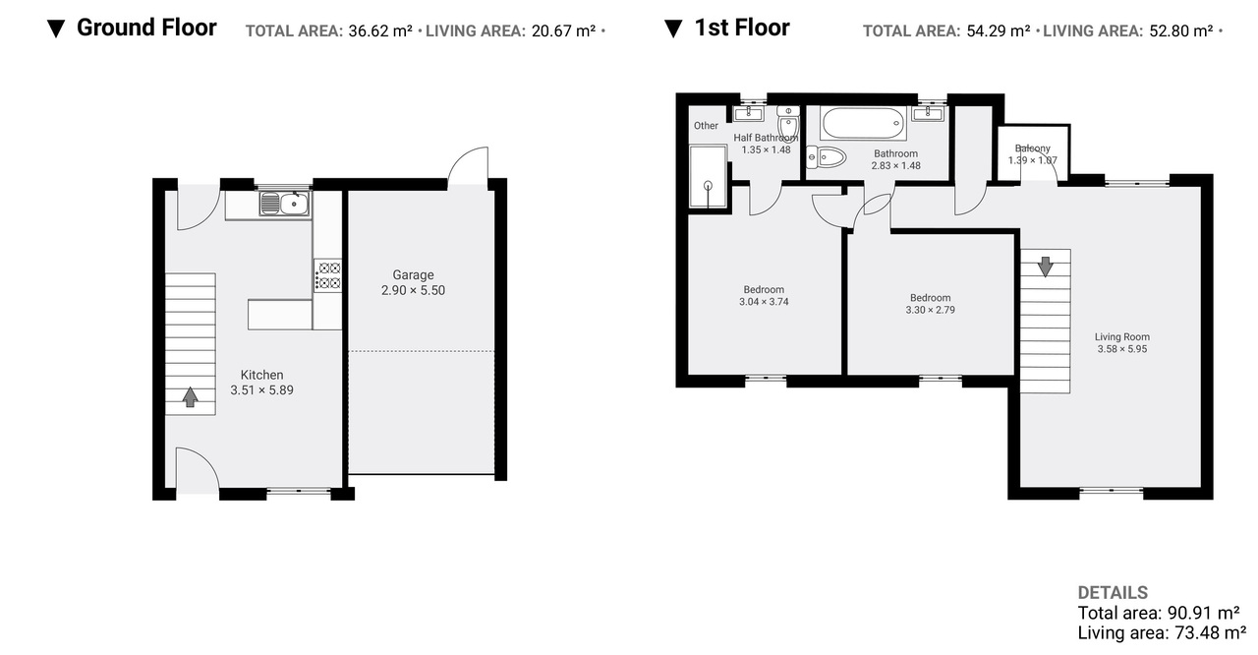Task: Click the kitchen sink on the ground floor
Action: point(284,203)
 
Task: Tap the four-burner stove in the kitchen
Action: point(327,275)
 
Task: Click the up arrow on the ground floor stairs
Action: point(191,396)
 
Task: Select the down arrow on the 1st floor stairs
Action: point(1045,267)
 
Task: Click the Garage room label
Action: point(413,274)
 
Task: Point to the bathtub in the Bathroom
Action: point(863,123)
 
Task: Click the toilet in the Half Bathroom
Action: point(788,123)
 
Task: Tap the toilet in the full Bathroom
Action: point(826,157)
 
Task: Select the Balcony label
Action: point(1032,149)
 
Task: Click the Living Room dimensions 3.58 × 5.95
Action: point(1122,349)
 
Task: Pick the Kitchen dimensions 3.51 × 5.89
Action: point(261,389)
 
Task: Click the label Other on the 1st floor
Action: point(706,125)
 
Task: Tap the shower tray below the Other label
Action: point(708,176)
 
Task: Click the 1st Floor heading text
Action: point(742,28)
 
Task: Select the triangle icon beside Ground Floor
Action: point(56,29)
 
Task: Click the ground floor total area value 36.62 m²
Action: point(380,30)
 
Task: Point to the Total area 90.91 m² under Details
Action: point(1159,613)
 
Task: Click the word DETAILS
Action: point(1113,593)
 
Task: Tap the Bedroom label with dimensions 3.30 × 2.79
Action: point(930,298)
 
